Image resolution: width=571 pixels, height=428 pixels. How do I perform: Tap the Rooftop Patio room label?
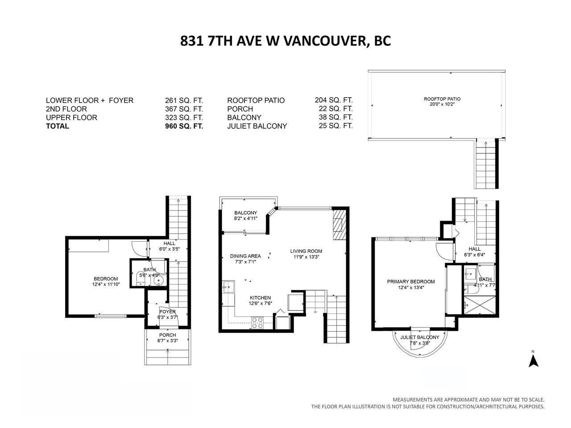click(x=442, y=99)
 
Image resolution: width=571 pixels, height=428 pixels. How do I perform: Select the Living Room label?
click(x=306, y=251)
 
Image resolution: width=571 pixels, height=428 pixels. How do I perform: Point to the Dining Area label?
click(x=245, y=256)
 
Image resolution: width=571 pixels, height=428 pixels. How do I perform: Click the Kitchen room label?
click(x=260, y=297)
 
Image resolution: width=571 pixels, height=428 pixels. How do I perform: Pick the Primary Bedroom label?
click(x=411, y=281)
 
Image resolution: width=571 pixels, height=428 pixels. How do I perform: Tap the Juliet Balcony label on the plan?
click(x=420, y=337)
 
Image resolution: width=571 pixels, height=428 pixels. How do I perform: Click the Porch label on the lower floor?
click(x=168, y=335)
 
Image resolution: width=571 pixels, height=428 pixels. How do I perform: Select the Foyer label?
click(x=168, y=312)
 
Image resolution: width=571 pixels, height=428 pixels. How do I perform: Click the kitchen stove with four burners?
click(x=257, y=323)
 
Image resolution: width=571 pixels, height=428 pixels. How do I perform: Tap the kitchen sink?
click(x=229, y=287)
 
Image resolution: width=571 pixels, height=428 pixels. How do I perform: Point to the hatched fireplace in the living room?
click(x=339, y=225)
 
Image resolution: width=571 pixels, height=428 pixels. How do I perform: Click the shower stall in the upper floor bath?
click(x=480, y=305)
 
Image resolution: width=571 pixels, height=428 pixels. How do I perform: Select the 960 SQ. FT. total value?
click(x=184, y=126)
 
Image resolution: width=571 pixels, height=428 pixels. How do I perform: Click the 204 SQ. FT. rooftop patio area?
click(x=334, y=100)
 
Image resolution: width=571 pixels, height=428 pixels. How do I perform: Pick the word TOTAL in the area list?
click(x=58, y=126)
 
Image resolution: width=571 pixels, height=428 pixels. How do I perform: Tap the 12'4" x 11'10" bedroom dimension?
click(x=106, y=284)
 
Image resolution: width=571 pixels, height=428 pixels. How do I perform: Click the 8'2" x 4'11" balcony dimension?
click(x=245, y=218)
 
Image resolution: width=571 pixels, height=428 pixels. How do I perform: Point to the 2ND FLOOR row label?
click(x=66, y=109)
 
